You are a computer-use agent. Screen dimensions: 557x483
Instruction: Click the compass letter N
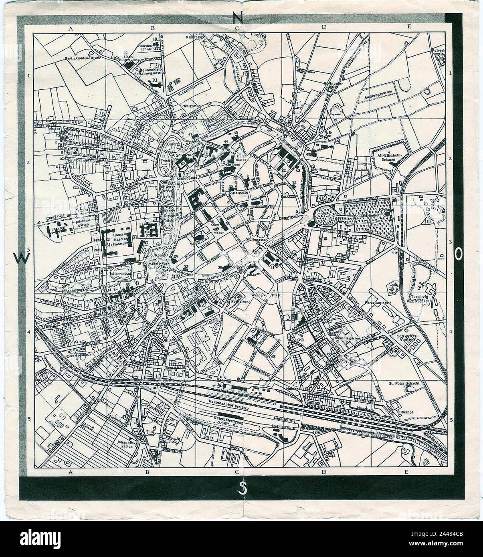point(238,18)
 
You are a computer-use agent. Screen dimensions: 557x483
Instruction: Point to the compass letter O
point(459,254)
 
